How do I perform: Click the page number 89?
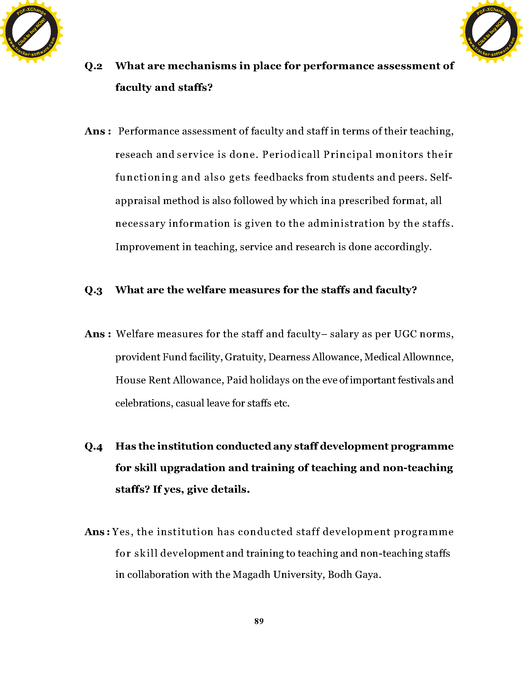[x=259, y=621]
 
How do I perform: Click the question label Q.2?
[x=94, y=66]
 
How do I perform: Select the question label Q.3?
[x=94, y=290]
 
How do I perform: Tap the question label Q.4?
[x=94, y=447]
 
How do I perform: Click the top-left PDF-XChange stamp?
[x=31, y=31]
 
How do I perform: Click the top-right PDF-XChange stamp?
[x=491, y=31]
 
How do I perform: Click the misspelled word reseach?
[x=134, y=154]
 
